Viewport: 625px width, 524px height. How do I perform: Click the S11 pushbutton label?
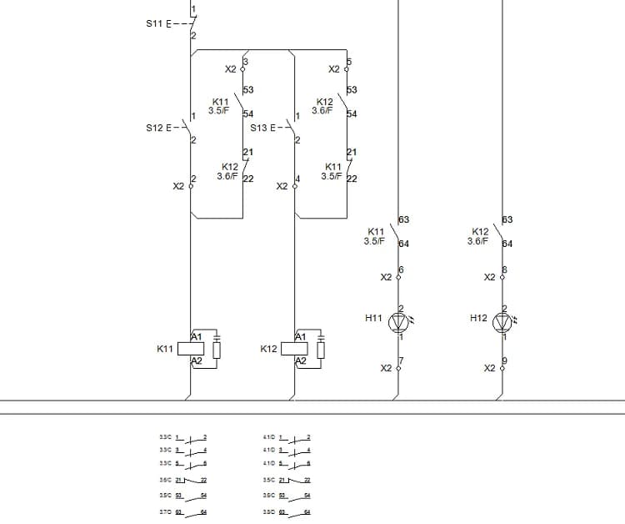[x=155, y=23]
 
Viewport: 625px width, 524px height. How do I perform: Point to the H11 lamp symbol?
[x=398, y=322]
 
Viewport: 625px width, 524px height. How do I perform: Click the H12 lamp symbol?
[x=502, y=322]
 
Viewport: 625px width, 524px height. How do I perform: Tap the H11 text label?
[x=374, y=318]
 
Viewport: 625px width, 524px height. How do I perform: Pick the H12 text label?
[x=478, y=318]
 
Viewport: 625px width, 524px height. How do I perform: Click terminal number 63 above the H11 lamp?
[x=403, y=220]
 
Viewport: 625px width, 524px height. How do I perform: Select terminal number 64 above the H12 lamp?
[x=507, y=244]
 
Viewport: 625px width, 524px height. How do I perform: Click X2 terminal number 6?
[x=401, y=270]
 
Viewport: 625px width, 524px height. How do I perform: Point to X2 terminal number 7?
[x=401, y=361]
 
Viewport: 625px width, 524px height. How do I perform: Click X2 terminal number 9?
[x=505, y=361]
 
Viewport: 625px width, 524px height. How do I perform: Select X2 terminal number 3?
[x=246, y=62]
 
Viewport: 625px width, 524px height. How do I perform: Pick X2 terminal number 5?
[x=349, y=62]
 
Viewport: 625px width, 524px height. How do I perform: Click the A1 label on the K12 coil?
[x=301, y=336]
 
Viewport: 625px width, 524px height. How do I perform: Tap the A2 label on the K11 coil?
[x=197, y=360]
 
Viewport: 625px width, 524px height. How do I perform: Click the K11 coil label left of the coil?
[x=165, y=349]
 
